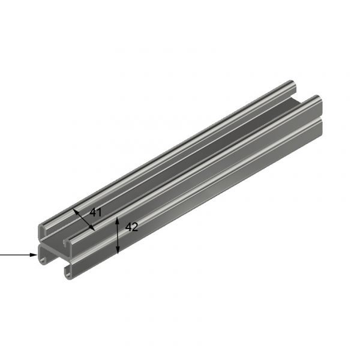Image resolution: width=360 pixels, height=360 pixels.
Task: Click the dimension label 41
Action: coord(96,212)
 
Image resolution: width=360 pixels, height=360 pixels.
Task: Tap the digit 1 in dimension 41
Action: coord(99,212)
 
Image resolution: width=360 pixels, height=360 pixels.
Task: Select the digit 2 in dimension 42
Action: coord(136,227)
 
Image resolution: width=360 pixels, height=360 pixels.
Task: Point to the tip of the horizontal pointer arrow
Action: coord(37,255)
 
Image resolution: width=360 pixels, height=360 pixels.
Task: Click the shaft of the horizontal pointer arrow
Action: coord(15,255)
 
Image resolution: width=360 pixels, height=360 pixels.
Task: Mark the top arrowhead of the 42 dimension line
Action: coord(118,220)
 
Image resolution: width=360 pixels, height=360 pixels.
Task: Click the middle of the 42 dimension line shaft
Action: coord(118,235)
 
